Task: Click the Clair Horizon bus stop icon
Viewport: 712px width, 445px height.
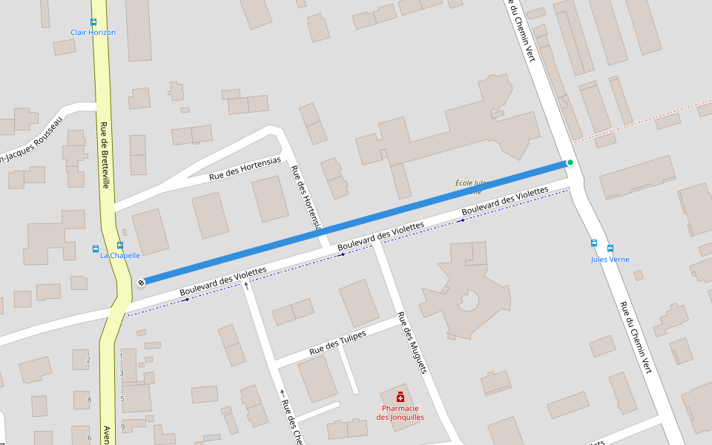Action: (x=93, y=22)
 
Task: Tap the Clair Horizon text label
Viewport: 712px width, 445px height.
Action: (x=93, y=33)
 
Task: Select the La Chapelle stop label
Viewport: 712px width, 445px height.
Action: (x=120, y=255)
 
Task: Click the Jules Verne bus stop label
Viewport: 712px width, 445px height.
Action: (x=610, y=260)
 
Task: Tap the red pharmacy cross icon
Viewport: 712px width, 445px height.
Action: (x=400, y=398)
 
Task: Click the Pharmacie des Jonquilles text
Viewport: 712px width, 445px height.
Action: (x=400, y=412)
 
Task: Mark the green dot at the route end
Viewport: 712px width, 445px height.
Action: (x=570, y=162)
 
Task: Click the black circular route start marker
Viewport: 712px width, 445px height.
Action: (x=141, y=282)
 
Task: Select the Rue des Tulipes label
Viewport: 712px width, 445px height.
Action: (x=337, y=342)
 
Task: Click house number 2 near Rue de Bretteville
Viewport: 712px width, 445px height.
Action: (x=88, y=360)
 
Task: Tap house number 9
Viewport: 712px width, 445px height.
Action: (x=122, y=427)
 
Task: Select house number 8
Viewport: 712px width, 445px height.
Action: (x=89, y=400)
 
